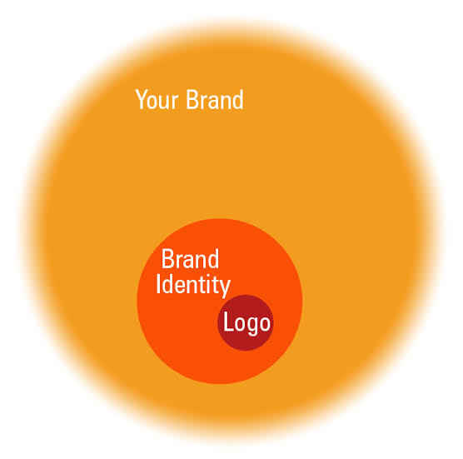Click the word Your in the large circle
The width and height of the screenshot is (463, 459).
[x=157, y=99]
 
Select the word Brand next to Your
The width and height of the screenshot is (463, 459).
[x=215, y=99]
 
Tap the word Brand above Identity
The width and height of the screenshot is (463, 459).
[x=190, y=259]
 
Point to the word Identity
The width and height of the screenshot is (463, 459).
[x=193, y=284]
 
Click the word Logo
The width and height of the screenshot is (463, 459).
[x=246, y=323]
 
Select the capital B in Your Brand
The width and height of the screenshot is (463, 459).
[x=192, y=99]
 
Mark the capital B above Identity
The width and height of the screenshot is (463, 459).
[x=167, y=259]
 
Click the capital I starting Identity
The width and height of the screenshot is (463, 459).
[x=158, y=284]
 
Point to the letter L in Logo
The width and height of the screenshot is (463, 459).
[x=228, y=321]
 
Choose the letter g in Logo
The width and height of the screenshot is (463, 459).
[x=251, y=326]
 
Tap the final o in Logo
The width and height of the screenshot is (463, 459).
[x=264, y=323]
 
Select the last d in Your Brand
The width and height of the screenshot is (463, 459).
[x=238, y=100]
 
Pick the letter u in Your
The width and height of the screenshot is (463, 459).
[x=167, y=102]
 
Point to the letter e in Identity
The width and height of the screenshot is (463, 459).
[x=182, y=287]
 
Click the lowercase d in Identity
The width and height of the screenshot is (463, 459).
[x=167, y=284]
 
